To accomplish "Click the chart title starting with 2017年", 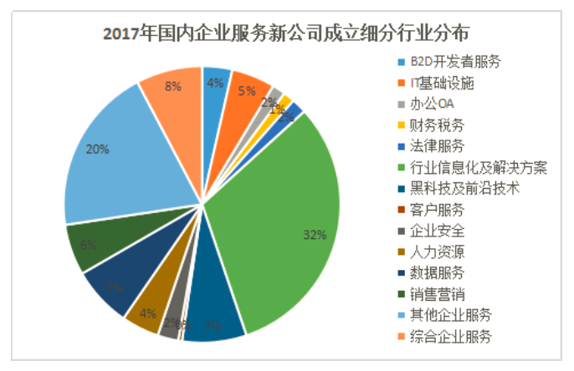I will point(286,33).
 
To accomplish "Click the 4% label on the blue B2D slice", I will point(215,83).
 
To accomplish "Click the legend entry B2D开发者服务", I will point(455,63).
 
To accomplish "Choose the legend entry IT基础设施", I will point(443,84).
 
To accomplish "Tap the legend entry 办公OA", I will point(433,104).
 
